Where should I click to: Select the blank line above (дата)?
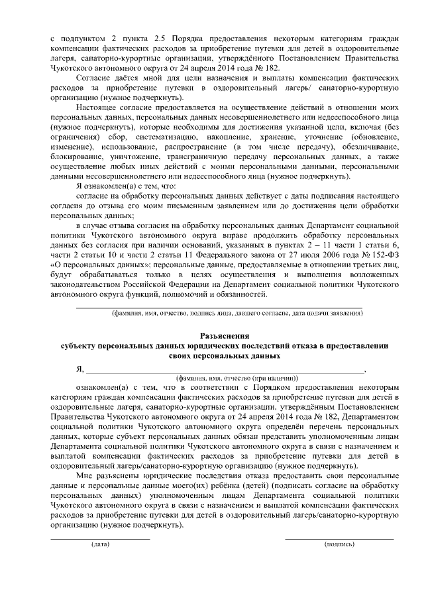pyautogui.click(x=101, y=538)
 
